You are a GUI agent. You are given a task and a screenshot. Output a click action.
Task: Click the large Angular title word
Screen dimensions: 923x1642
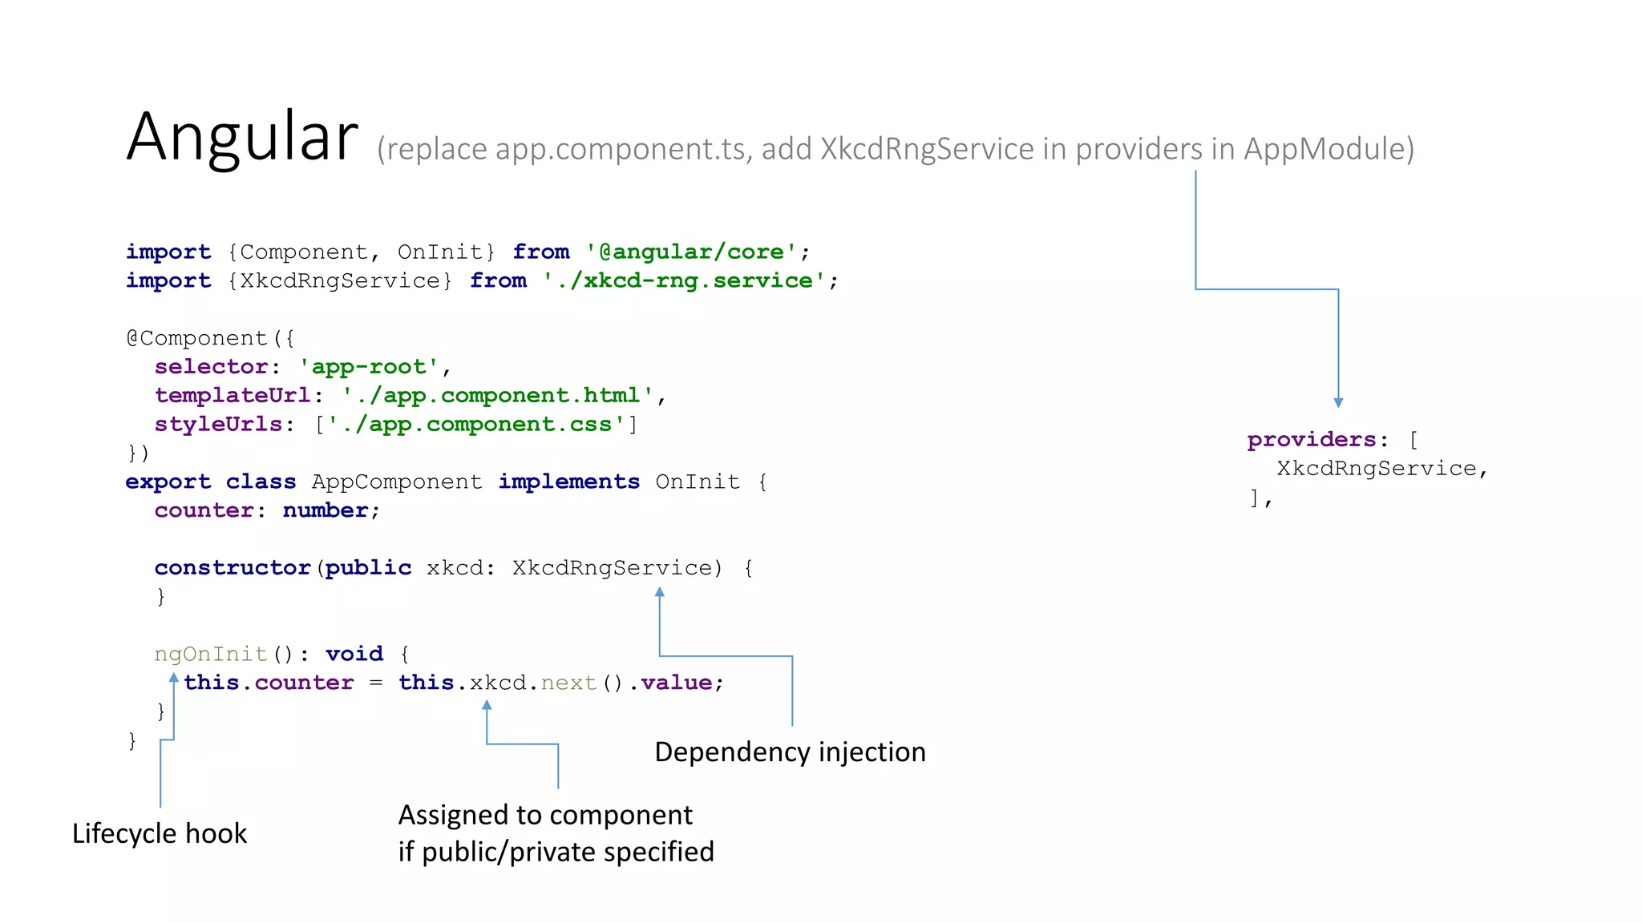tap(242, 136)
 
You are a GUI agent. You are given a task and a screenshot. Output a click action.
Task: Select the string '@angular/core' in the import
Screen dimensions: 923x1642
tap(691, 252)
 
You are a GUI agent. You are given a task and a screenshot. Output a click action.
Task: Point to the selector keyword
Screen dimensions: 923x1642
tap(211, 367)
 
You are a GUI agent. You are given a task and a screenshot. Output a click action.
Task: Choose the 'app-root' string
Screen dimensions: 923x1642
tap(369, 367)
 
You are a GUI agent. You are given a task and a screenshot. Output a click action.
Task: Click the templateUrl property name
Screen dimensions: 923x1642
tap(233, 396)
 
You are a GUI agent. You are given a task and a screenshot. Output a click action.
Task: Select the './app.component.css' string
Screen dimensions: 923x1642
tap(476, 424)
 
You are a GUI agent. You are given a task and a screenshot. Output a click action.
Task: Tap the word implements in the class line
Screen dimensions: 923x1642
tap(568, 482)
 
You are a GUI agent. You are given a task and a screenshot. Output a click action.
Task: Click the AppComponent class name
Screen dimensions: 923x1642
tap(397, 482)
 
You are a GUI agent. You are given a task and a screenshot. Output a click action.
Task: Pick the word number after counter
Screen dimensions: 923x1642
tap(326, 510)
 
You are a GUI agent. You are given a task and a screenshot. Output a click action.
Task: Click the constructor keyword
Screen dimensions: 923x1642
tap(233, 568)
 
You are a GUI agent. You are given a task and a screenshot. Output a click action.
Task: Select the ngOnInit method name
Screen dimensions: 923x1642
tap(211, 654)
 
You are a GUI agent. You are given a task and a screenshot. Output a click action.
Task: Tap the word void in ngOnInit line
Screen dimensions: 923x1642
tap(354, 654)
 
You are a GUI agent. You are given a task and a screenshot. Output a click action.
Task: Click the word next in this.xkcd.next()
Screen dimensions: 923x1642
tap(568, 683)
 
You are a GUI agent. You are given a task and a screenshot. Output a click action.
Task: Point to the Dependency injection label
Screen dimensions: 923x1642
tap(790, 752)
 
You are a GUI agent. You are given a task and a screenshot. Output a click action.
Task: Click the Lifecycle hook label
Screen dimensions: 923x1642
tap(160, 833)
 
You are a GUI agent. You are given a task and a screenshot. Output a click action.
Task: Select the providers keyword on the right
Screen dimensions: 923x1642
tap(1312, 440)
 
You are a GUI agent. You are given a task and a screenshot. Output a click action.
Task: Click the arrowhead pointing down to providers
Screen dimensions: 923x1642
tap(1338, 403)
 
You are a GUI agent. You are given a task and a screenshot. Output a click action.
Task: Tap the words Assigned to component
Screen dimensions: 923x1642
tap(545, 815)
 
